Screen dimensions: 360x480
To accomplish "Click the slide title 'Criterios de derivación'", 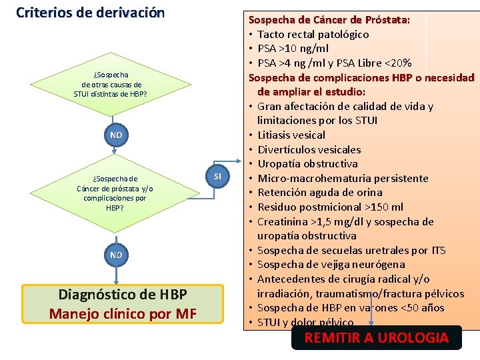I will tap(90, 13).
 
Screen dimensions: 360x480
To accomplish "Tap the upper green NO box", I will tap(116, 135).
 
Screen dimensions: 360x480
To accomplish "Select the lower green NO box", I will tap(116, 255).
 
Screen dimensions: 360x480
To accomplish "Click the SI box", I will tap(217, 175).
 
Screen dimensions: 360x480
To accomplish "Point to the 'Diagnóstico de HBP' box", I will tap(123, 294).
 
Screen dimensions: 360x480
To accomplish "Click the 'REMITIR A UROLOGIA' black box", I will tap(376, 338).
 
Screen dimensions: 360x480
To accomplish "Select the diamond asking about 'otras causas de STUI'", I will tap(111, 85).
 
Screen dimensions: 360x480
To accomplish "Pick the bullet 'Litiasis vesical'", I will tap(291, 135).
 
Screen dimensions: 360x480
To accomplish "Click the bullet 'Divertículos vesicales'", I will tap(309, 149).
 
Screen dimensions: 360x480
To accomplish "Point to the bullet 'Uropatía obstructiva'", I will tap(307, 164).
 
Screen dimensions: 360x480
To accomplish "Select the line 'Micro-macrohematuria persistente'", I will tap(343, 178).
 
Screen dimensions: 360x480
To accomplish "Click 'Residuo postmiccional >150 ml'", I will tap(330, 207).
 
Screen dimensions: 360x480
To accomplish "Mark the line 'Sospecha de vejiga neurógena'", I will tap(331, 265).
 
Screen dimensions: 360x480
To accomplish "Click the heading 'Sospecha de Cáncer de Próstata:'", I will tap(329, 20).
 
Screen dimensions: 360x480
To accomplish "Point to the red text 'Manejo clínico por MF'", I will tap(123, 313).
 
